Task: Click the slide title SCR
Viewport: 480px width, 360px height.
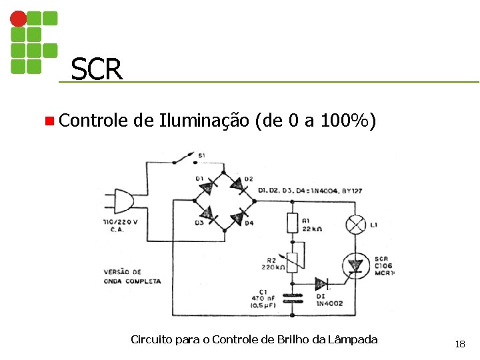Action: click(97, 69)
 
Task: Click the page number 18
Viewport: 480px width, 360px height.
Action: click(459, 344)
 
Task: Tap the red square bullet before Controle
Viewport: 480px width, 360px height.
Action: click(49, 121)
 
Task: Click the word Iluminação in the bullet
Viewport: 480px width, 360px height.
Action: click(204, 121)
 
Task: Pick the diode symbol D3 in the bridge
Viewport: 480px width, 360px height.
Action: click(209, 215)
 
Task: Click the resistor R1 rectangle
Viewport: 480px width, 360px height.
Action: click(291, 222)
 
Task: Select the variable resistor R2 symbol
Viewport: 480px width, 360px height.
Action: click(292, 261)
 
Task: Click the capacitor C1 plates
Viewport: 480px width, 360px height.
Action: click(291, 297)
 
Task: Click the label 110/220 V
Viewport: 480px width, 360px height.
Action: click(121, 221)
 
